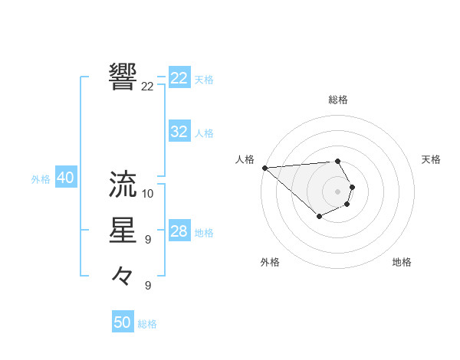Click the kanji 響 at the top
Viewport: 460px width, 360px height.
tap(123, 77)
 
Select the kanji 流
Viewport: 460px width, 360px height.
tap(123, 184)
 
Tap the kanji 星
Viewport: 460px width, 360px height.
tap(123, 231)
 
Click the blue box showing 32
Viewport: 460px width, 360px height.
tap(179, 132)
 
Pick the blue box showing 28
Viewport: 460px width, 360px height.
tap(179, 231)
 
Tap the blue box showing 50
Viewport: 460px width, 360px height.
tap(123, 322)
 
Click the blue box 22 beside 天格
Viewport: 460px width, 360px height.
tap(179, 78)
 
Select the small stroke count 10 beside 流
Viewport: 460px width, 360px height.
tap(148, 193)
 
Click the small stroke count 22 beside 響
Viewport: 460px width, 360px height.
tap(147, 87)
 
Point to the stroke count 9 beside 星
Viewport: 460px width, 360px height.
tap(147, 240)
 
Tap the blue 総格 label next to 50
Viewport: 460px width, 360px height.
tap(147, 324)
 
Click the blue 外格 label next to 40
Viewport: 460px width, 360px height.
tap(41, 179)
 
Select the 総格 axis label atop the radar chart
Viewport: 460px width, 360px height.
tap(338, 100)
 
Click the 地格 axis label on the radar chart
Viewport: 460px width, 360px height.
tap(402, 262)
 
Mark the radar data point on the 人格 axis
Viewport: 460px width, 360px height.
tap(264, 167)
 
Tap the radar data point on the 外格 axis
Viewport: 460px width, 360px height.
tap(319, 218)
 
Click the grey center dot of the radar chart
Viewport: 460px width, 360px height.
tap(338, 191)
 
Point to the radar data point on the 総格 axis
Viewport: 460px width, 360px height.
tap(338, 161)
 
